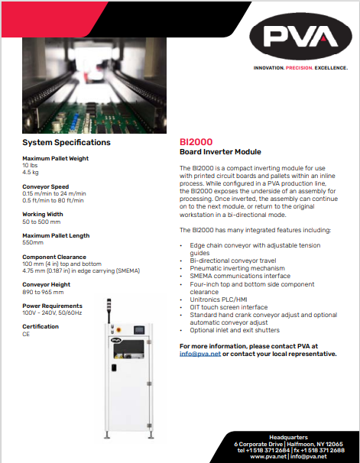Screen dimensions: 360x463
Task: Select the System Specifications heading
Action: point(66,143)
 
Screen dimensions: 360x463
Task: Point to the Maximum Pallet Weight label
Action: point(55,158)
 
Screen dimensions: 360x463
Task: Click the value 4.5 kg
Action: point(31,172)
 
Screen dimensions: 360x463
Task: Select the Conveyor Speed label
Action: point(45,186)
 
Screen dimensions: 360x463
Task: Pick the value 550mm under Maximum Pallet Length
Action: point(33,242)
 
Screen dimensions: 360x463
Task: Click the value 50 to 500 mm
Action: point(42,221)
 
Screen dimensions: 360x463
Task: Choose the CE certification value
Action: point(26,334)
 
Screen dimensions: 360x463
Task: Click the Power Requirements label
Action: point(52,306)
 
